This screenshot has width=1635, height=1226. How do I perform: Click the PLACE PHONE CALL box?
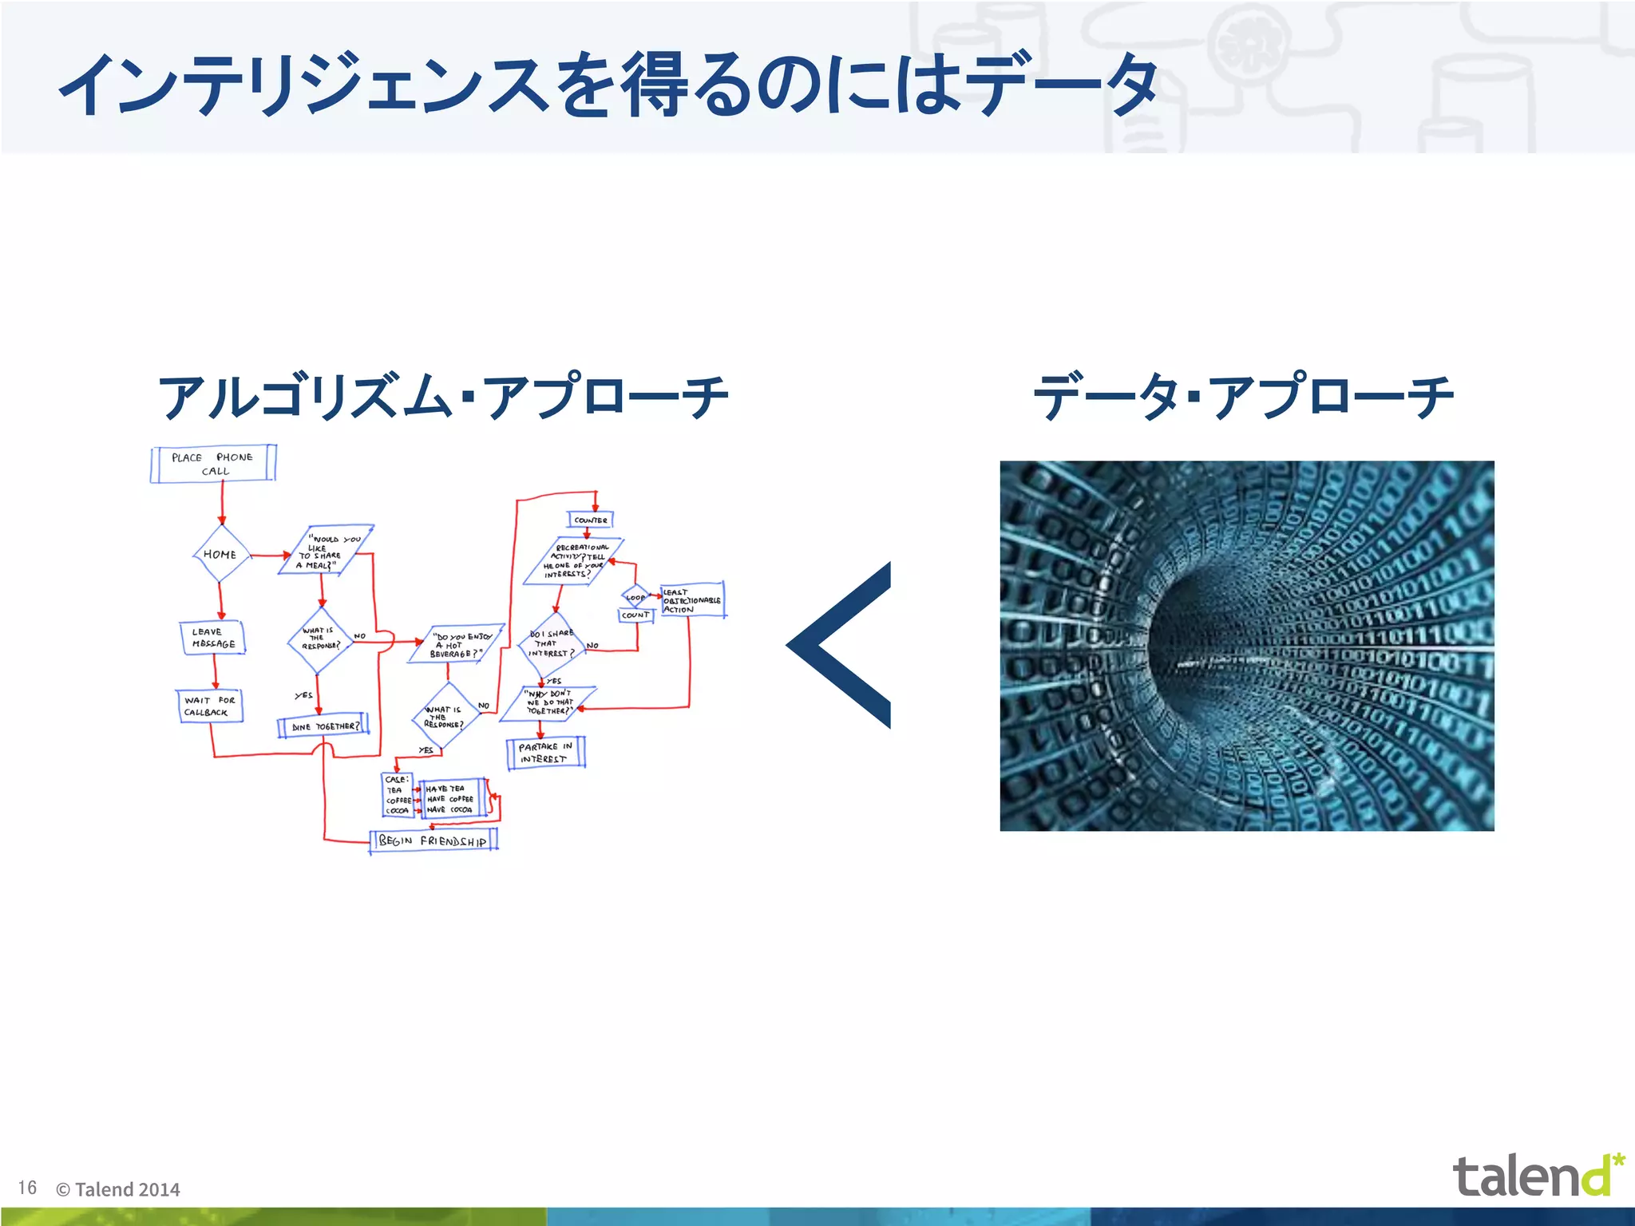click(x=213, y=464)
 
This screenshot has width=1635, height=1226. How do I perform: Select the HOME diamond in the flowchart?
click(x=220, y=554)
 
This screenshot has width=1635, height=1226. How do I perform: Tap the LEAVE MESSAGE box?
click(x=213, y=638)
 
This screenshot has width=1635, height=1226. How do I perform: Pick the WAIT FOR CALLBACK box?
click(x=209, y=706)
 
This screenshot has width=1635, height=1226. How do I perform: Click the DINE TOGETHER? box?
click(x=323, y=726)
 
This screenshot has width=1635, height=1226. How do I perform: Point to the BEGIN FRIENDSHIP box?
click(x=433, y=840)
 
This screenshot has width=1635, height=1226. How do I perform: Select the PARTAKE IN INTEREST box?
click(x=546, y=753)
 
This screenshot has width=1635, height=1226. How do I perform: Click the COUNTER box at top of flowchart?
click(x=591, y=520)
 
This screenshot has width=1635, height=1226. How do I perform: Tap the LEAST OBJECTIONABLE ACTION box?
click(x=692, y=600)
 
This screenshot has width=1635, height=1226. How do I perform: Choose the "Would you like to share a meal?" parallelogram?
click(x=326, y=551)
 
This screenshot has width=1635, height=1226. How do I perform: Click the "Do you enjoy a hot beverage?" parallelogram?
click(x=457, y=644)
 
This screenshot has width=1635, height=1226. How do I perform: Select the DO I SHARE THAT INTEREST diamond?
click(x=552, y=643)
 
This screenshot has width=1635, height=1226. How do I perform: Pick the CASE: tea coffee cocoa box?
click(x=398, y=795)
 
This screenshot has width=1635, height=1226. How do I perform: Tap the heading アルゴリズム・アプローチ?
click(x=443, y=397)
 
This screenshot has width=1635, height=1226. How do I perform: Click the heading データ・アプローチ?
click(x=1243, y=397)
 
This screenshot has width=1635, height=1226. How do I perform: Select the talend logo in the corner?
click(x=1537, y=1175)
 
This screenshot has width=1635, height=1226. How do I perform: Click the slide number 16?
click(x=28, y=1188)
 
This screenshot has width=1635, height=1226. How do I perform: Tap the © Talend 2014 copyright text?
click(x=118, y=1189)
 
